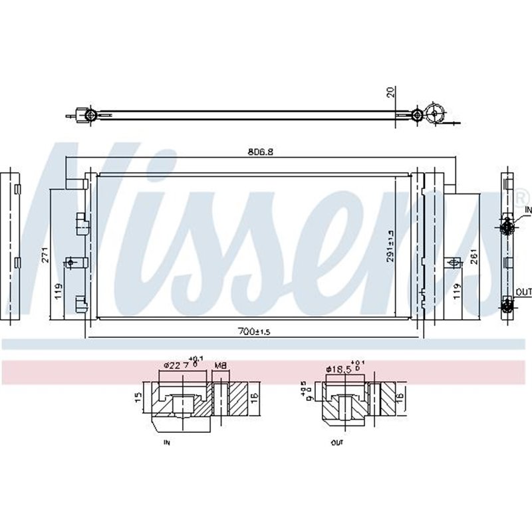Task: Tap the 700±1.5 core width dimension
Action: (255, 331)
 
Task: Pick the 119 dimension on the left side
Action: (59, 291)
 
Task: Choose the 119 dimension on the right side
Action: (457, 291)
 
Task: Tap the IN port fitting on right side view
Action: (507, 227)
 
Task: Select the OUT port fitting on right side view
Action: (507, 306)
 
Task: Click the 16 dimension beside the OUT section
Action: (400, 397)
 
